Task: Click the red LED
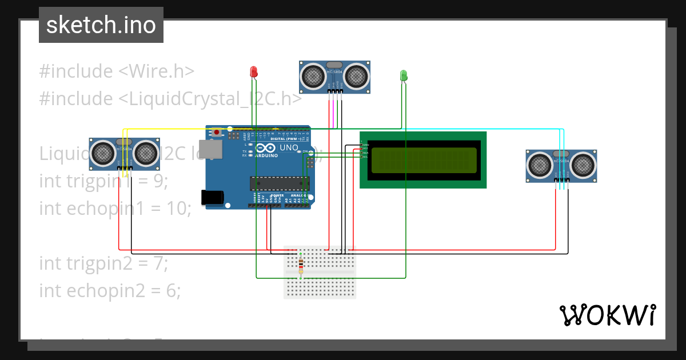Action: tap(254, 71)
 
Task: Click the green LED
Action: tap(403, 75)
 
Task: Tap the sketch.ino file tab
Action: tap(101, 25)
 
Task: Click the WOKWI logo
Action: tap(607, 315)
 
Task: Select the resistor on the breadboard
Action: tap(301, 263)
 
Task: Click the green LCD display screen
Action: tap(423, 160)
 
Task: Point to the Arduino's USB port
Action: tap(209, 149)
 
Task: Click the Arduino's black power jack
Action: tap(212, 197)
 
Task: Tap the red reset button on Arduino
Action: tap(217, 132)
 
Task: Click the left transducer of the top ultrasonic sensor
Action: tap(313, 75)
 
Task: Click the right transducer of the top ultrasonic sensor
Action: tap(356, 75)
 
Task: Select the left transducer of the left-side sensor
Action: tap(103, 152)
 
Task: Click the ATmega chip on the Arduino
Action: tap(279, 183)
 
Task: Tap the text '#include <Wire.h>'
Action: tap(117, 71)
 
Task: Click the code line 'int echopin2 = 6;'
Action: tap(110, 291)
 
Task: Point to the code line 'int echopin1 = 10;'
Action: tap(115, 209)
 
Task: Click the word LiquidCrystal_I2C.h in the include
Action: tap(209, 99)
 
